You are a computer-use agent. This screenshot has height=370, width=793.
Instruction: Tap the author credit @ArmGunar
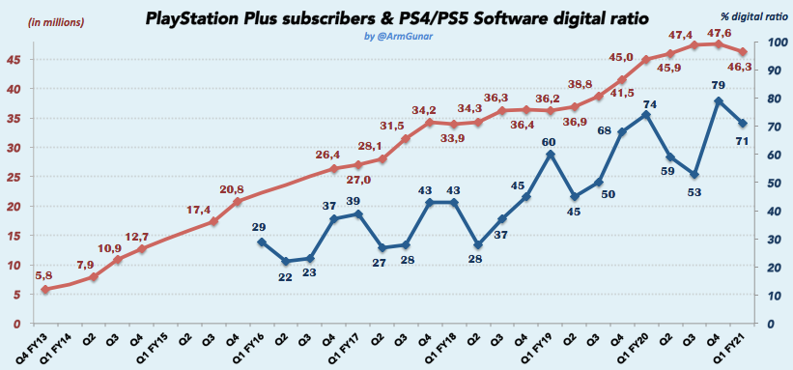coord(397,37)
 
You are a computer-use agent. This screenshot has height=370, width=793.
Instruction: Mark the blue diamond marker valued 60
coord(550,155)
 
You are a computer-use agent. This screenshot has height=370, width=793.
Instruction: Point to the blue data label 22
coord(285,277)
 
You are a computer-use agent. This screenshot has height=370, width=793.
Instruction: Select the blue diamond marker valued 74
coord(646,115)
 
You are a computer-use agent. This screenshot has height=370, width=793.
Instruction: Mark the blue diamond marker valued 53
coord(694,174)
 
